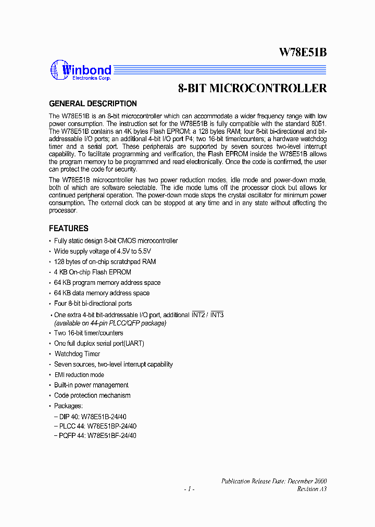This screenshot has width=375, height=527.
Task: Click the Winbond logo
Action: point(81,70)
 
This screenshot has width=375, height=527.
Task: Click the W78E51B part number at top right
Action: point(303,52)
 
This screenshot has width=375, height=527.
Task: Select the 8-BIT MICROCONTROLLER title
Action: point(252,88)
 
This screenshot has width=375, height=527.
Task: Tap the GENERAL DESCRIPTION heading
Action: point(93,104)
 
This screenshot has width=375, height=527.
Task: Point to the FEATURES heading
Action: point(69,229)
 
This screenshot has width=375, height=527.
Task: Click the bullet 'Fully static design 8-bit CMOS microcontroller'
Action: point(116,241)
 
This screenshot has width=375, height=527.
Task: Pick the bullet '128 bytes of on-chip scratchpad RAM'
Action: point(105,262)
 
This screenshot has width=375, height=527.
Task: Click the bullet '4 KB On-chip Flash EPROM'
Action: point(93,272)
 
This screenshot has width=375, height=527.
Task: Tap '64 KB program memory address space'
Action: point(107,283)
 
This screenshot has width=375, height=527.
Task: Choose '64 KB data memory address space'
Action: point(102,293)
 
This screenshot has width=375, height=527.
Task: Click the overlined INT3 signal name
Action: point(217,315)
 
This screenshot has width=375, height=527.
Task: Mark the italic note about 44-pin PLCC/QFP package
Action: point(110,323)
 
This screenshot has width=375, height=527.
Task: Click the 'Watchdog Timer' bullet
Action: point(77,354)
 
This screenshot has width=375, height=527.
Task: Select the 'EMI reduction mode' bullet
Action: point(79,375)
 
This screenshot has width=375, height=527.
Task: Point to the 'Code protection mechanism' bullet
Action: point(92,396)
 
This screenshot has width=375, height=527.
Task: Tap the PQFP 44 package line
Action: point(95,436)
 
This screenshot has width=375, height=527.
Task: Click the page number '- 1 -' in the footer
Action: point(189,489)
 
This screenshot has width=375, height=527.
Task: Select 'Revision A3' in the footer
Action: point(311,489)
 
